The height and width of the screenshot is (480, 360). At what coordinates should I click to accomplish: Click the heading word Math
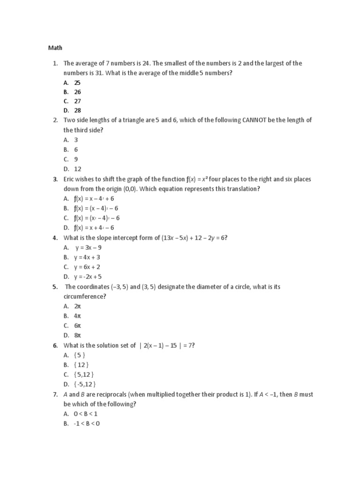(x=55, y=48)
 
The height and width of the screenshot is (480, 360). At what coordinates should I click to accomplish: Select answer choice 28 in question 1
(x=77, y=110)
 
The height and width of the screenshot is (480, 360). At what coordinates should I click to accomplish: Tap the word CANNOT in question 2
(x=255, y=120)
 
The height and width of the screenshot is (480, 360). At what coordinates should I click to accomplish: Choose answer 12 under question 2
(x=77, y=169)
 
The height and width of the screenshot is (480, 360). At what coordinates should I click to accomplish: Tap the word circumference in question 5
(x=83, y=296)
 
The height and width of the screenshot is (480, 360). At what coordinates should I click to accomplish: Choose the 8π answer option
(x=77, y=335)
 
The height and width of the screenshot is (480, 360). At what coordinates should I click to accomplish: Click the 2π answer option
(x=77, y=306)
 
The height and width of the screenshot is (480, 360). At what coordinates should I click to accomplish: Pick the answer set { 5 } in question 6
(x=80, y=355)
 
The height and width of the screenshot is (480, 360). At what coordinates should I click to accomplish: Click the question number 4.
(x=55, y=238)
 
